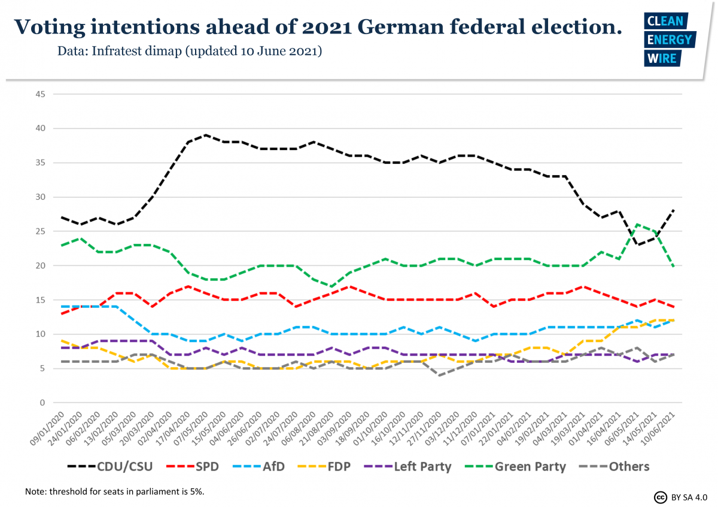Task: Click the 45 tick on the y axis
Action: (41, 94)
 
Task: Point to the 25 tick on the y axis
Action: (41, 231)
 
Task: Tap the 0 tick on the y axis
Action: (43, 403)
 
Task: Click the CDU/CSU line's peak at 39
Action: (205, 135)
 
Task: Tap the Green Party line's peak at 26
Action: (638, 224)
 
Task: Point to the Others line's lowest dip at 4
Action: (441, 375)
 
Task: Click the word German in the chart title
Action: (412, 26)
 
